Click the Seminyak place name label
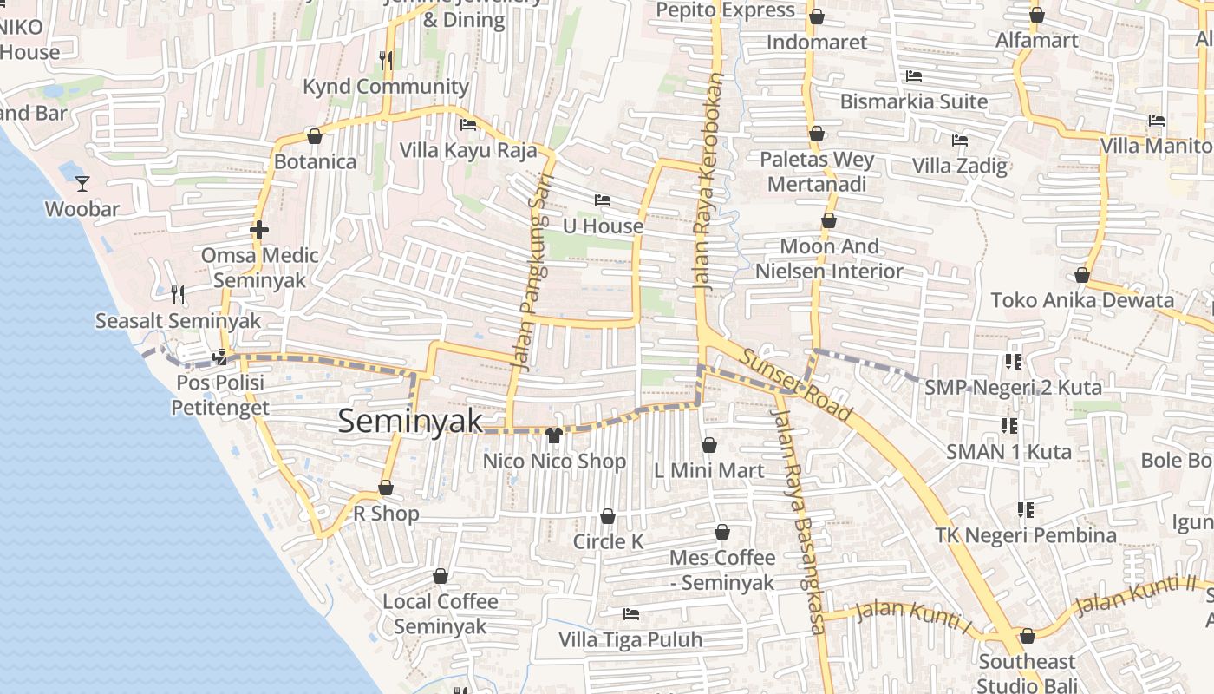coord(409,422)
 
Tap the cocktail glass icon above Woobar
coord(82,183)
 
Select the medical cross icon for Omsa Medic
coord(258,230)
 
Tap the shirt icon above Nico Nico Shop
coord(554,435)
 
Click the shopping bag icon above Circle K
coord(608,516)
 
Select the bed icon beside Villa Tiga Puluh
coord(631,614)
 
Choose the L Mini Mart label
coord(708,470)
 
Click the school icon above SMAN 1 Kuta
coord(1009,425)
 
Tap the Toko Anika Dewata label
coord(1081,300)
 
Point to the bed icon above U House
coord(603,200)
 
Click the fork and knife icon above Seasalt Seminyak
coord(178,295)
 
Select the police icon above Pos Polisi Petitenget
coord(220,356)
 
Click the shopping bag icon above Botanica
coord(315,136)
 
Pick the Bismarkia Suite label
coord(913,101)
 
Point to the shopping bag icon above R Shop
coord(386,488)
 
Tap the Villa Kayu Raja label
coord(467,150)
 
